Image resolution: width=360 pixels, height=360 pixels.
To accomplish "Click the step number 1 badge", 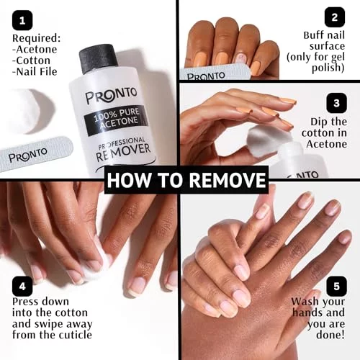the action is (22, 20).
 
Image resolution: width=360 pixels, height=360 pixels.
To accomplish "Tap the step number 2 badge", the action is (335, 17).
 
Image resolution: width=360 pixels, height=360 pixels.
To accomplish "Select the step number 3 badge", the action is (336, 103).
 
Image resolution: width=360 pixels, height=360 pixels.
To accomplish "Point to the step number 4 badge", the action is (22, 287).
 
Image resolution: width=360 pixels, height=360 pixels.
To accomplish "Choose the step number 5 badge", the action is (336, 287).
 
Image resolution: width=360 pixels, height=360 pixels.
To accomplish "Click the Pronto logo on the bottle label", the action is (111, 95).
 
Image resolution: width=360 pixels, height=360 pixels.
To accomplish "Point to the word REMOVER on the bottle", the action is (123, 153).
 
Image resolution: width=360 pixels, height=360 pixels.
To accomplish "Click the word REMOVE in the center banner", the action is (228, 180).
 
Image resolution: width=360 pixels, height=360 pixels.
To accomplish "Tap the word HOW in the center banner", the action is (128, 180).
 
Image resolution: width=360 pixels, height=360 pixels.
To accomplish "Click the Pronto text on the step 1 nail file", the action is (28, 155).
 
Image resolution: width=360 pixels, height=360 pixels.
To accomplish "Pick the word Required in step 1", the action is (37, 38).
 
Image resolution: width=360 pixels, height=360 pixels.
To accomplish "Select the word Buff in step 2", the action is (314, 35).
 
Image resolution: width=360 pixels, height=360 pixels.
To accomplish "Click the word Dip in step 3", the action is (318, 122).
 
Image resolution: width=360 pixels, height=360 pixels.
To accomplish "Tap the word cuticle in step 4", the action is (75, 335).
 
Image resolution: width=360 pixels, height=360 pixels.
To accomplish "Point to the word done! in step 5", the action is (330, 335).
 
